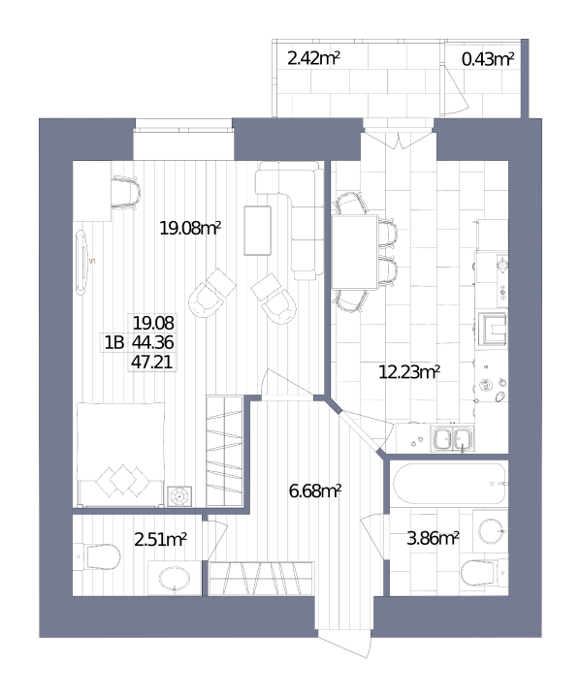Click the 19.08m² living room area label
pos(190,229)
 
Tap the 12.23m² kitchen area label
pos(409,371)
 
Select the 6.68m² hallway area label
pos(315,491)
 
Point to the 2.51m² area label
pos(161,540)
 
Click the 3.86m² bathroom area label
pos(433,538)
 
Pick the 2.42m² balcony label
pos(313,58)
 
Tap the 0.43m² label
pos(488,59)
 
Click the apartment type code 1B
pos(114,343)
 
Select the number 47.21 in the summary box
pos(151,363)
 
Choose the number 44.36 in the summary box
pos(153,342)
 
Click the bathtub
pos(449,483)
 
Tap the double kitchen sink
pos(452,439)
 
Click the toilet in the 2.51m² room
pos(97,556)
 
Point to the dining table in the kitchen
pos(355,252)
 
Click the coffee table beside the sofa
pos(258,231)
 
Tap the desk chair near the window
pos(125,193)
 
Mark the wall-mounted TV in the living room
pos(81,263)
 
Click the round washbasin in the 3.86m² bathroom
pos(491,531)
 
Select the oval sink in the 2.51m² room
pos(175,579)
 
